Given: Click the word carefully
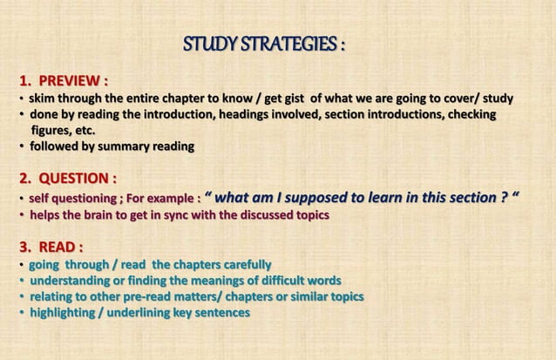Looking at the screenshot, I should tap(242, 264).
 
